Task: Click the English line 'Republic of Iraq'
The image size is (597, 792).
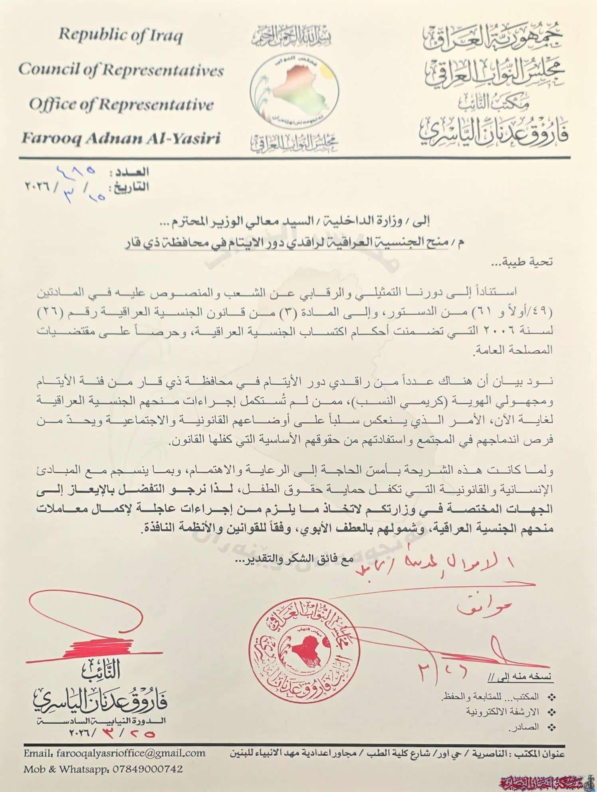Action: (x=120, y=36)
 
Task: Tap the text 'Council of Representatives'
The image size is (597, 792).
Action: (x=121, y=70)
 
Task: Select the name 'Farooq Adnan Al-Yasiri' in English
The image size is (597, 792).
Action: (x=121, y=138)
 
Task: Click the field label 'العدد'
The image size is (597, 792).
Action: (x=131, y=173)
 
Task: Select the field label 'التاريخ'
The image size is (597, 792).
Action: (x=131, y=187)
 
